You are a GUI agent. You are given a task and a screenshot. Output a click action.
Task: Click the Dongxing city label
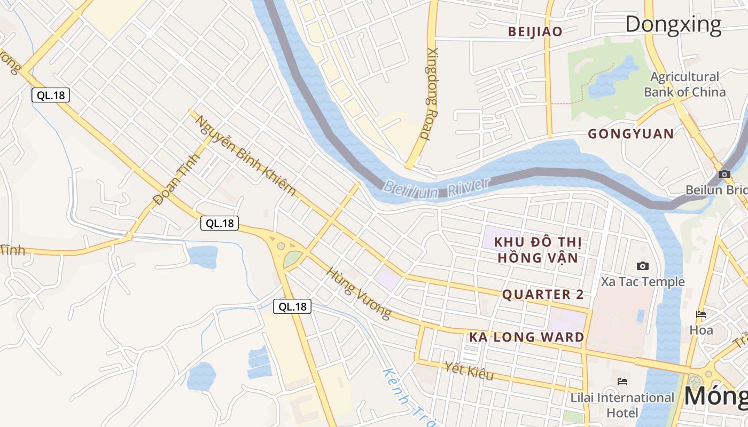[x=673, y=25]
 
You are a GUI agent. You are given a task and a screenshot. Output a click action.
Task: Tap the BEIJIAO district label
[x=535, y=32]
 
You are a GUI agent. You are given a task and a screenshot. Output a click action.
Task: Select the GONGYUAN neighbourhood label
[x=630, y=134]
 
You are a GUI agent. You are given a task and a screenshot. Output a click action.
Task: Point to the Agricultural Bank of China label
[x=684, y=84]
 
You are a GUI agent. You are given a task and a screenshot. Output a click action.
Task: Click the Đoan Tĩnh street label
[x=176, y=179]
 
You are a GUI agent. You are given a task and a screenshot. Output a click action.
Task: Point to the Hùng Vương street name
[x=359, y=294]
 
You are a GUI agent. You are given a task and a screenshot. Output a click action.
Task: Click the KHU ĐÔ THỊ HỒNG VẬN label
[x=537, y=250]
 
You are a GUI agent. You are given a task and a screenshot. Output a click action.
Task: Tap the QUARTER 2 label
[x=543, y=295]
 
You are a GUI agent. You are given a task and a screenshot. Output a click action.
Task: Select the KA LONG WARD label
[x=526, y=337]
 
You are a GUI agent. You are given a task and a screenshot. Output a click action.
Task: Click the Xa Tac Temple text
[x=643, y=281]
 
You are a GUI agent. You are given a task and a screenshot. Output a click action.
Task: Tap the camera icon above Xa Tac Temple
[x=643, y=266]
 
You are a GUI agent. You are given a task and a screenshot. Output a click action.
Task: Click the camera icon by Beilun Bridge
[x=724, y=174]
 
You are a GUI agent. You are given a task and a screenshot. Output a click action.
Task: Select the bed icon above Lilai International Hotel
[x=622, y=382]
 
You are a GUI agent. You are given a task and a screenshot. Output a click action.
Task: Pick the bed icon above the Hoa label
[x=701, y=314]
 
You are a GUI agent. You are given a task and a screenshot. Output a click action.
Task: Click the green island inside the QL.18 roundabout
[x=292, y=259]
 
